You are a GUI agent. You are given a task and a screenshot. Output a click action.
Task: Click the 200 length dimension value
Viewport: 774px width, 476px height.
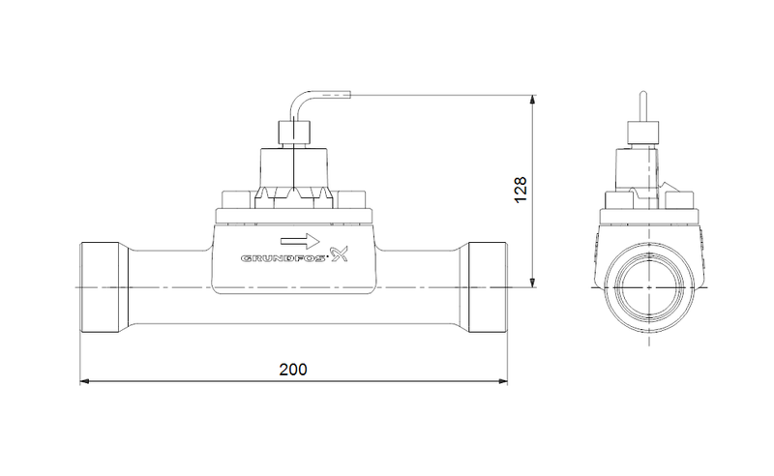click(293, 370)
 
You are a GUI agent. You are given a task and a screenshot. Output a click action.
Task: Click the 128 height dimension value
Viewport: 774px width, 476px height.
click(521, 190)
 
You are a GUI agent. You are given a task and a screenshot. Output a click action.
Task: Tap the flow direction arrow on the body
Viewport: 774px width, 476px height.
click(300, 241)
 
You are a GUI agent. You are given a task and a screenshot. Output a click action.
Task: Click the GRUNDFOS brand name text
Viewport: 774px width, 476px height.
click(283, 258)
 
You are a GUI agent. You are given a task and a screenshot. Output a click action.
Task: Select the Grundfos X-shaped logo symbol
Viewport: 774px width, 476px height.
click(340, 253)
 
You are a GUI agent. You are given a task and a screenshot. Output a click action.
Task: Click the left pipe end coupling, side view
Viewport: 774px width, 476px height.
click(100, 287)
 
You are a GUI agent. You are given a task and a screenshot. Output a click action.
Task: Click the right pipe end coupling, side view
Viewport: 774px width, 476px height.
click(488, 287)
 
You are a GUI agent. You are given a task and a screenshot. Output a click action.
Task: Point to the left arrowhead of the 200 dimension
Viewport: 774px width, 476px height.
click(84, 381)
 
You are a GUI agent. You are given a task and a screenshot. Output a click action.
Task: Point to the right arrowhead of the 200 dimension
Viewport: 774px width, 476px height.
click(502, 381)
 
